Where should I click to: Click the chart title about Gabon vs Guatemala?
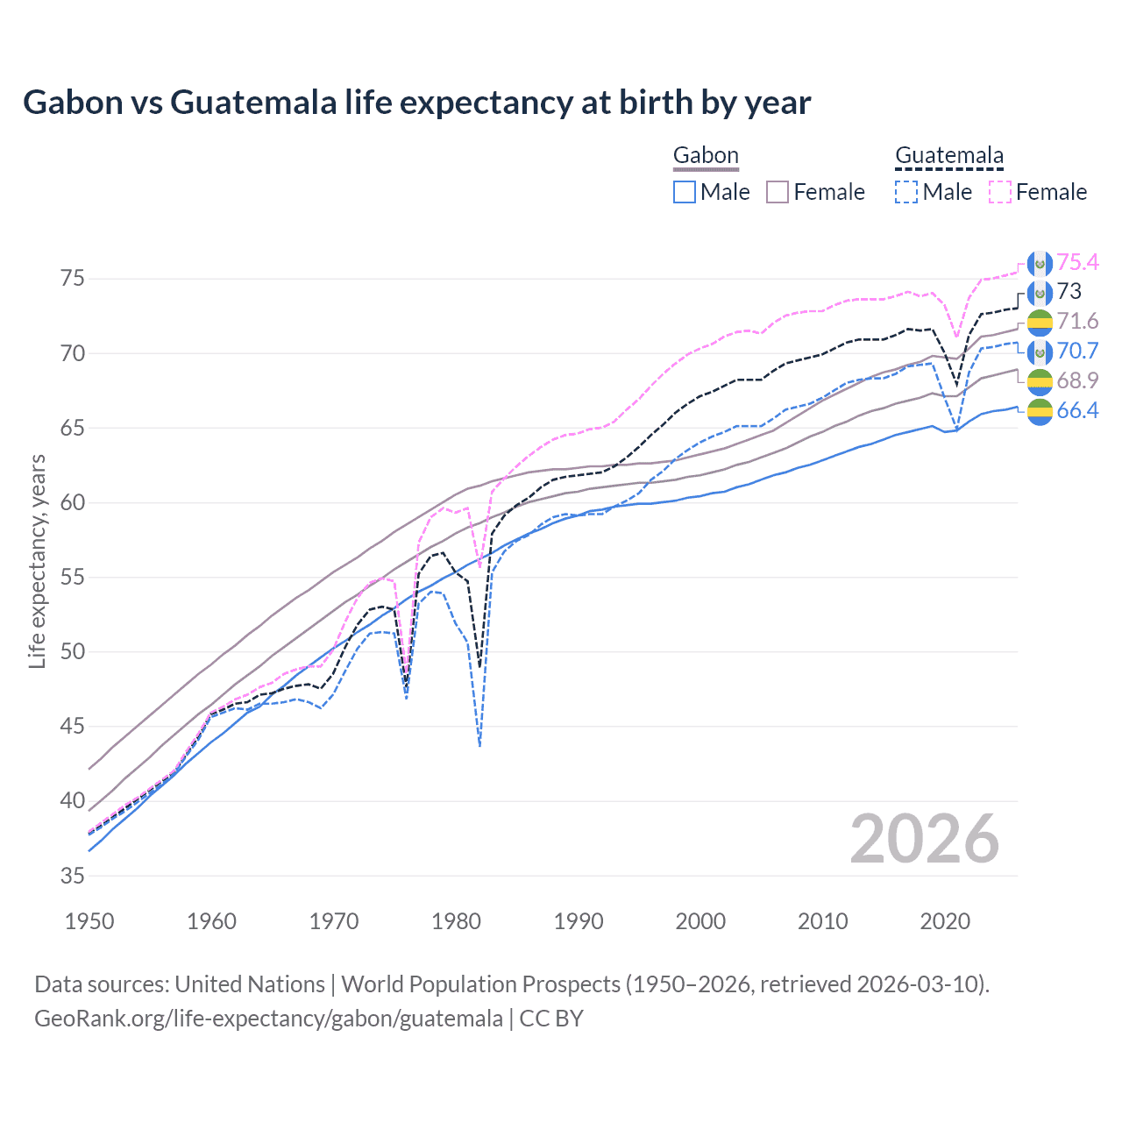pos(416,103)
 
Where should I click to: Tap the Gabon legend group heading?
pos(706,156)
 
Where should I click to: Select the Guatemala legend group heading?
pos(948,156)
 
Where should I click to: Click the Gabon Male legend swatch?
pos(685,192)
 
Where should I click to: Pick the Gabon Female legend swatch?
pos(778,192)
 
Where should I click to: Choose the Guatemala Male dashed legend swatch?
pos(906,192)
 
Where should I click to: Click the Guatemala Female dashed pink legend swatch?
pos(1000,192)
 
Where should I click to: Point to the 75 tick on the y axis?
pos(73,279)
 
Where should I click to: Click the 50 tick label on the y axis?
pos(73,652)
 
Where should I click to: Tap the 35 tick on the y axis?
pos(73,876)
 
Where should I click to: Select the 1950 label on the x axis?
pos(89,921)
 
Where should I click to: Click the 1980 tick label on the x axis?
pos(456,921)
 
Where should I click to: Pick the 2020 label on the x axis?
pos(945,921)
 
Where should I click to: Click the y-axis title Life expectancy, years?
pos(37,561)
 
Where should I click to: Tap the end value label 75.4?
pos(1077,262)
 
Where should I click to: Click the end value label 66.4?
pos(1077,410)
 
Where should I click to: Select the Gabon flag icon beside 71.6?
pos(1040,322)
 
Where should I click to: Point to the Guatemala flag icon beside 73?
pos(1040,292)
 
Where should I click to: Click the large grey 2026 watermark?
pos(925,840)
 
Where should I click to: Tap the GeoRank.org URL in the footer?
pos(268,1019)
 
